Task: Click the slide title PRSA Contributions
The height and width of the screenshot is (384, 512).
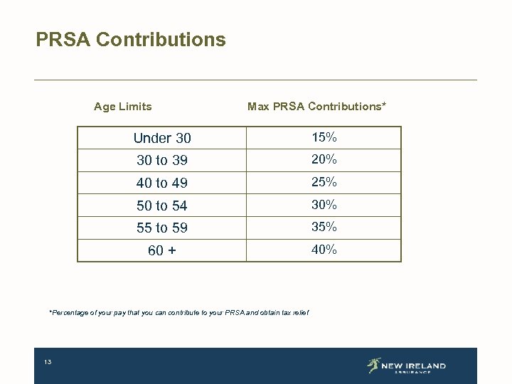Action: (131, 40)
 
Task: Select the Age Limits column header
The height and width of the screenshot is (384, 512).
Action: (122, 107)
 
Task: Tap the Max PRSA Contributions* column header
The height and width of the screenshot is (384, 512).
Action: (316, 107)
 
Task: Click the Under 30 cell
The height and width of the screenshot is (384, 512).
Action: (162, 138)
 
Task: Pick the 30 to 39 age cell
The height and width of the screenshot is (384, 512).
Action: (162, 161)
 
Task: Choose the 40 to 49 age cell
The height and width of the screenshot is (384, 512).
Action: (162, 183)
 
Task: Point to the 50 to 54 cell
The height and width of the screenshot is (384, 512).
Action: (162, 206)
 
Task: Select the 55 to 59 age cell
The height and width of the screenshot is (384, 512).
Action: (162, 228)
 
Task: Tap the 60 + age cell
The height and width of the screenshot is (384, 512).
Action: (162, 251)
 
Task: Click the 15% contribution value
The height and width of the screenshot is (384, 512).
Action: (324, 137)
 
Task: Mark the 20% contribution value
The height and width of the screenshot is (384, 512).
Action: (324, 159)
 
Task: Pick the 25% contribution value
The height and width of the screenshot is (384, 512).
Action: (324, 182)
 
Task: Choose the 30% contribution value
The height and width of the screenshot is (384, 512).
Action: (324, 205)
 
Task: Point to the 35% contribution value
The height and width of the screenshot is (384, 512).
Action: (324, 228)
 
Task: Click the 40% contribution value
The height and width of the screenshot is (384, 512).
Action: (324, 250)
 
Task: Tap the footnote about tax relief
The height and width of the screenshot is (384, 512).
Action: (178, 313)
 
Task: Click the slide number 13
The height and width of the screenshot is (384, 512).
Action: (48, 363)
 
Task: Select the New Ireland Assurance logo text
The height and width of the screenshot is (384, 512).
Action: (413, 367)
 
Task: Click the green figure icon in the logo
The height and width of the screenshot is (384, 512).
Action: (373, 366)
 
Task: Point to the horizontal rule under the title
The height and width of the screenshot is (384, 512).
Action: (255, 80)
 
